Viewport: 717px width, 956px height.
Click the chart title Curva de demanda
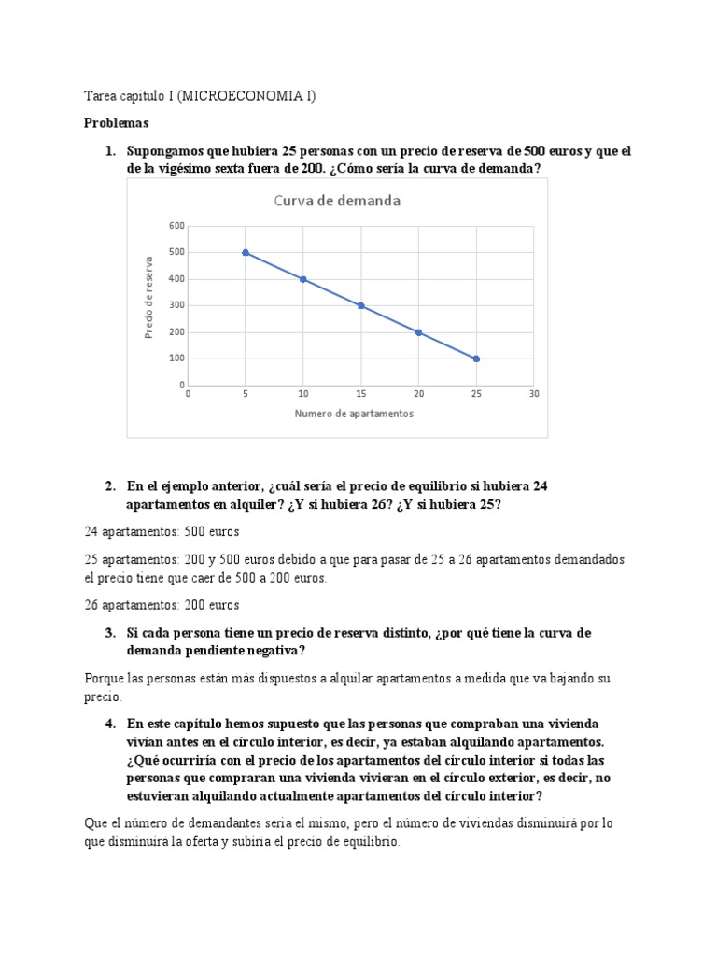pos(337,201)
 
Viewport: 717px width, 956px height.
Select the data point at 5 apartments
pos(246,252)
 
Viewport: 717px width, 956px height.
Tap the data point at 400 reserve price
pos(303,279)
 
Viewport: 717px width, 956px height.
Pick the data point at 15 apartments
pos(361,305)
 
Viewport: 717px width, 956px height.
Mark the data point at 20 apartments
pos(418,332)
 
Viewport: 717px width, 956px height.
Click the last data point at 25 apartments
pos(476,358)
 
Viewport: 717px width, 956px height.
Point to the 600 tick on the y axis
pos(176,226)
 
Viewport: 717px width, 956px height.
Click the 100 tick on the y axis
pos(176,358)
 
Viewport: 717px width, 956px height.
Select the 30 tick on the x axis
pos(533,394)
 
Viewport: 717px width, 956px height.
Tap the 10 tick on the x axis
pos(303,394)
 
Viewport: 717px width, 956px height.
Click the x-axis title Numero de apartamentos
pos(354,414)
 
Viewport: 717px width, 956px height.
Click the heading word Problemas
pos(116,122)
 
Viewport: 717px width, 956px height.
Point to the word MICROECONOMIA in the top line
pos(253,96)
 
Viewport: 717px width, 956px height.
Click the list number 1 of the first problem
pos(109,151)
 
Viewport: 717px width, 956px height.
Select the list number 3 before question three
pos(109,633)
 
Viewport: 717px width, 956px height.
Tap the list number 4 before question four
pos(109,724)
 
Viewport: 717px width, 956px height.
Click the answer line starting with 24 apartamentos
pos(162,531)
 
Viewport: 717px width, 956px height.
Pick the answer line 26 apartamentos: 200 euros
pos(162,604)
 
